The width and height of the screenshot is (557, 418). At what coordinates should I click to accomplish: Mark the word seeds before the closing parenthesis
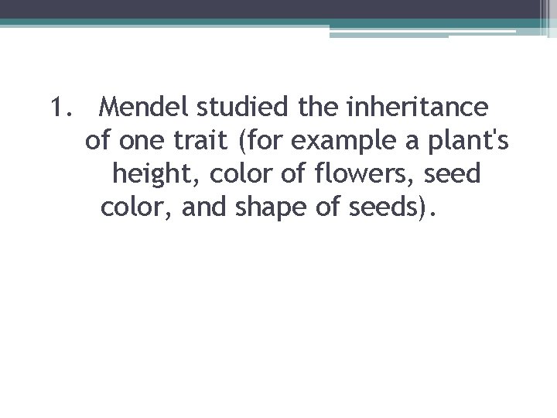coord(383,208)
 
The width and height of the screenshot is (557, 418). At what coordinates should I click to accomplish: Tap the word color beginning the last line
coord(126,208)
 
